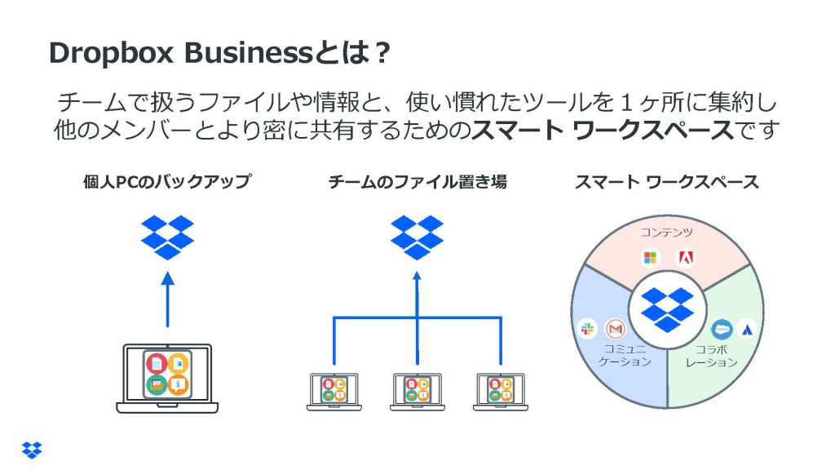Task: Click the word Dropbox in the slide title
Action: (x=111, y=53)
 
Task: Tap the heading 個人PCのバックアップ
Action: (x=166, y=182)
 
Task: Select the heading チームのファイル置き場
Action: (x=417, y=182)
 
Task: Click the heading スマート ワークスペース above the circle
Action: (x=667, y=182)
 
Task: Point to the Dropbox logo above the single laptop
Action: (x=167, y=237)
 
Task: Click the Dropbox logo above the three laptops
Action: (x=417, y=237)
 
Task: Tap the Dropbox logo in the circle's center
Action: (x=667, y=309)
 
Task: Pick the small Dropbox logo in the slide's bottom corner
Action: (x=32, y=450)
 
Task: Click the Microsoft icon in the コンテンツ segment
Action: (x=650, y=258)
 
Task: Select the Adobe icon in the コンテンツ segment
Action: (x=685, y=258)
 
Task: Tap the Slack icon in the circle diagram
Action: (x=587, y=329)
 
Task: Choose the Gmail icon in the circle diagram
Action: (x=616, y=329)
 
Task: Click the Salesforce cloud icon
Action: (x=722, y=330)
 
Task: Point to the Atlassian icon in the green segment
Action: (x=747, y=330)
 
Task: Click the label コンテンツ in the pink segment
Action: (x=667, y=232)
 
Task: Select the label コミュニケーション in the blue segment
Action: (x=625, y=356)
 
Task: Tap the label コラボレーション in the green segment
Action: (x=711, y=356)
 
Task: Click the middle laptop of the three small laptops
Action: (x=417, y=392)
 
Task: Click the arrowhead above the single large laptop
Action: (x=168, y=278)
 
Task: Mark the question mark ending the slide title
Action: (x=382, y=53)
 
